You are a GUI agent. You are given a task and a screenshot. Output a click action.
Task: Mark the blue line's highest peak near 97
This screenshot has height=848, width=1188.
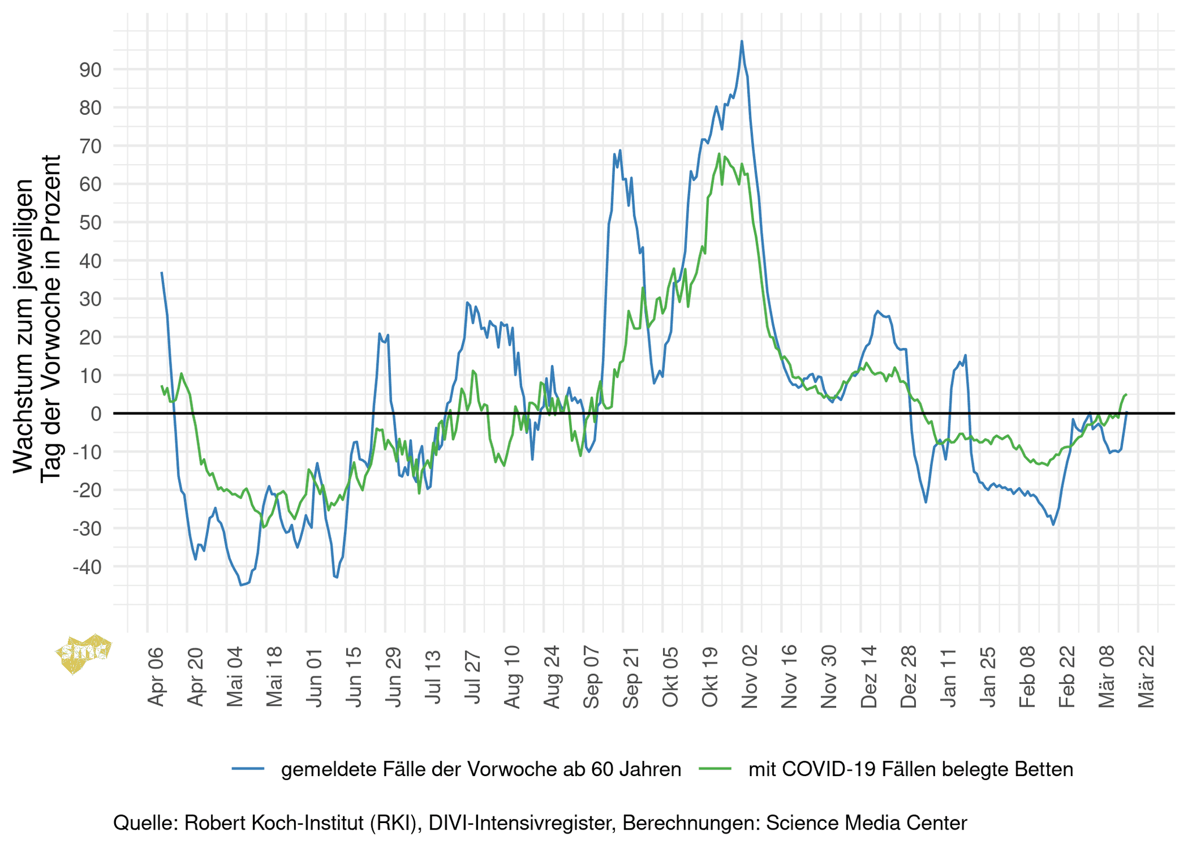(741, 41)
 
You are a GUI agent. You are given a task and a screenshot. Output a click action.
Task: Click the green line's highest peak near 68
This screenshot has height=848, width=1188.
(719, 154)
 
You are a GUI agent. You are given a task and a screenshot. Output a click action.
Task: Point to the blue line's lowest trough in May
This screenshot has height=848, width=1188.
(241, 585)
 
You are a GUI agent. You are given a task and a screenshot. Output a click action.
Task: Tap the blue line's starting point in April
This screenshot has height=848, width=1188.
(162, 273)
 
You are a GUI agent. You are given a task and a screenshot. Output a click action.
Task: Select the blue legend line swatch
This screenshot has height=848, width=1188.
(248, 769)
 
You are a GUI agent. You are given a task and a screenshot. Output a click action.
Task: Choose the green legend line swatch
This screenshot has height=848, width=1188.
(716, 769)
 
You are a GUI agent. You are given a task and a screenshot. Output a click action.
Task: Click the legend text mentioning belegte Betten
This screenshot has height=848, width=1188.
(911, 769)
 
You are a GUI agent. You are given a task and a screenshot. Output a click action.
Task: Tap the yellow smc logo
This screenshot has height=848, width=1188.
(84, 653)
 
